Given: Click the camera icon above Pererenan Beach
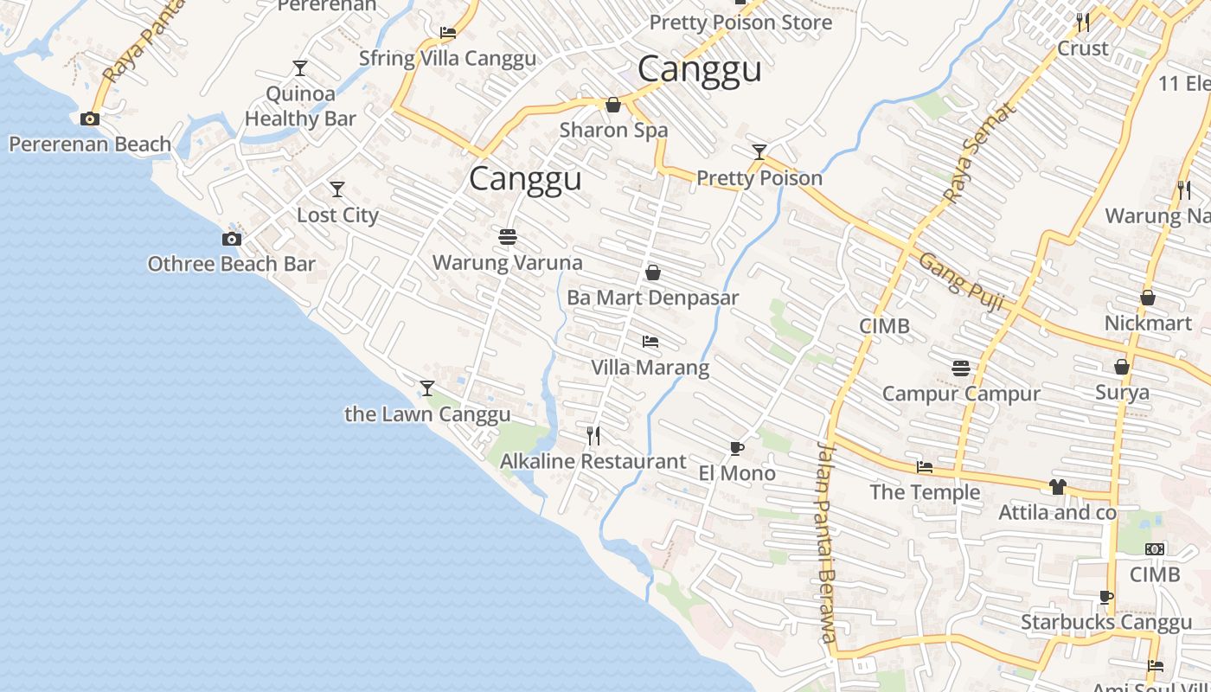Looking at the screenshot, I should (89, 119).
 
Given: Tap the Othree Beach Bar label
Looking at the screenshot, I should (231, 264).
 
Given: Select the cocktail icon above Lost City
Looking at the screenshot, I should (337, 189).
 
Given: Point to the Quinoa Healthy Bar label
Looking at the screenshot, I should (300, 106).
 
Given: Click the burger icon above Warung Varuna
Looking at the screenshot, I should (507, 237).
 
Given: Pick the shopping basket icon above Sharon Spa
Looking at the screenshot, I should (613, 106).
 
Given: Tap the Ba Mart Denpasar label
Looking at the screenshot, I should (652, 298).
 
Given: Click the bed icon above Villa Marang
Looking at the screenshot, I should (650, 342).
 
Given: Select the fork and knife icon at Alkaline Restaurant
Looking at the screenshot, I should (593, 435).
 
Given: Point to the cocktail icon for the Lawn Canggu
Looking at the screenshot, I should (426, 388).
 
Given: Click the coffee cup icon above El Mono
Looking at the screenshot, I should (736, 447).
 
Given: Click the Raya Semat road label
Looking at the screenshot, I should (977, 154).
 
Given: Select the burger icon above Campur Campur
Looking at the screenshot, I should (960, 368).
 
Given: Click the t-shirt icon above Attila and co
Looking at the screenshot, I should (1057, 487).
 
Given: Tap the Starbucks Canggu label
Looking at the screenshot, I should (1105, 622).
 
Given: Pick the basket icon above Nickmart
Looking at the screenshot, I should (1148, 298).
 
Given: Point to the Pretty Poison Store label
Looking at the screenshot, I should (740, 22).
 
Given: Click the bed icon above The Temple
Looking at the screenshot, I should (925, 467).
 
